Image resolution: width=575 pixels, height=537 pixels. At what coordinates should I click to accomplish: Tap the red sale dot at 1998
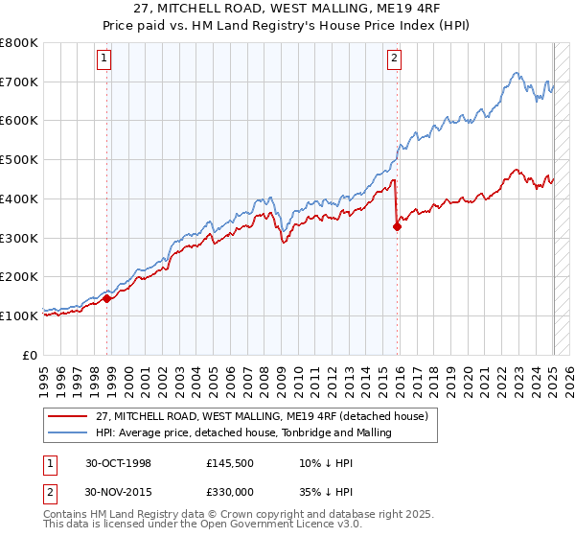click(x=107, y=298)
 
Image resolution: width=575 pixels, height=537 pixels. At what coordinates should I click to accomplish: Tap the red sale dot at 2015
click(x=397, y=226)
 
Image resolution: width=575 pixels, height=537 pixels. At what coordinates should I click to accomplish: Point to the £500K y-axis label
click(x=21, y=159)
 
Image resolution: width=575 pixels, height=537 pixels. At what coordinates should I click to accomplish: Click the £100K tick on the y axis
click(x=21, y=315)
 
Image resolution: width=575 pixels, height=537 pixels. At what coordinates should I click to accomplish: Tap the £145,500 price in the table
click(x=230, y=463)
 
